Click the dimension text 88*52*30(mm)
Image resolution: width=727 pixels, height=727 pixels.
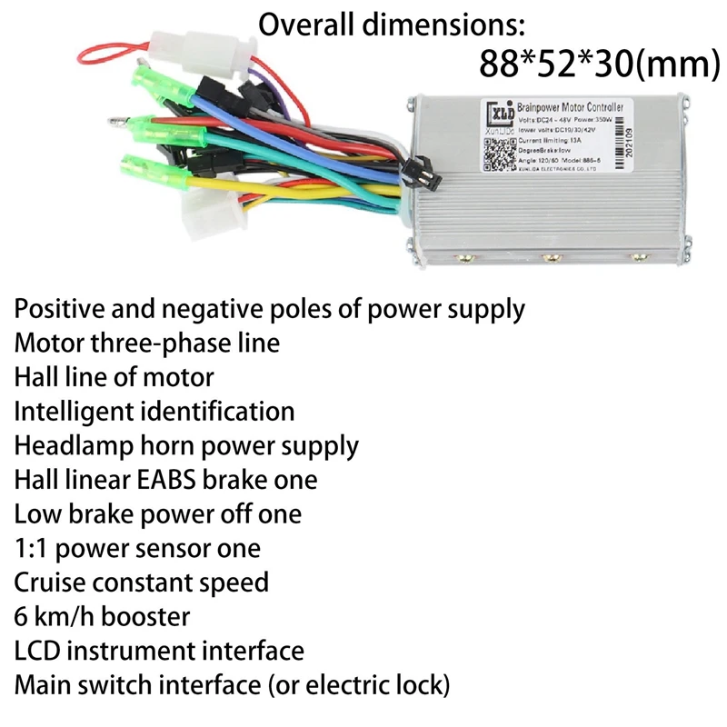[593, 65]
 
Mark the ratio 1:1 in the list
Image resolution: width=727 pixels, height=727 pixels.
[30, 549]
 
